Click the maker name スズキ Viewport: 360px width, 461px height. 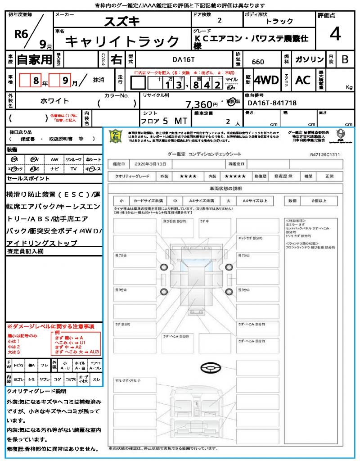[122, 21]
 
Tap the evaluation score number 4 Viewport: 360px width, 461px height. [334, 34]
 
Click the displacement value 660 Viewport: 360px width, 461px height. [258, 62]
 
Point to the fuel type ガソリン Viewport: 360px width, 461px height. [309, 60]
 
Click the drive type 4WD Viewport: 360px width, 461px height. [266, 80]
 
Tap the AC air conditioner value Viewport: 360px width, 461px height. [303, 80]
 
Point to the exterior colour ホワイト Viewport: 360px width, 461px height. [55, 101]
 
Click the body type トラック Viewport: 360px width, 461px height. [279, 22]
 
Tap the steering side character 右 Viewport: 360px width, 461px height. [116, 59]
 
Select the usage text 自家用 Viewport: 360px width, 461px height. [34, 59]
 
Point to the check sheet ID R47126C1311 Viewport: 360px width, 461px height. [324, 154]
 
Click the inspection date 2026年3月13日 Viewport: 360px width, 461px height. [149, 164]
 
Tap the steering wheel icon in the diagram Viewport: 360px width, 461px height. [209, 369]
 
